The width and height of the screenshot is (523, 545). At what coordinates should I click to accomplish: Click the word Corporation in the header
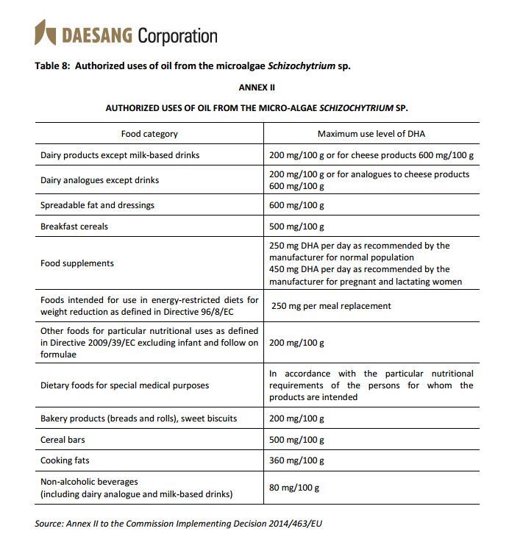(178, 35)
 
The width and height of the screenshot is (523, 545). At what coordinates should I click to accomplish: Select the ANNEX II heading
(257, 87)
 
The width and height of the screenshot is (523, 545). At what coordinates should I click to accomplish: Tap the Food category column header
(149, 134)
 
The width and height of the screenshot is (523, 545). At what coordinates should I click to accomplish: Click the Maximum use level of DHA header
(371, 134)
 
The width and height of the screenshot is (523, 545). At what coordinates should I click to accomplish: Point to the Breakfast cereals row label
(74, 227)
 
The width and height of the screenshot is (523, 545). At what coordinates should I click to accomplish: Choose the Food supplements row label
(77, 263)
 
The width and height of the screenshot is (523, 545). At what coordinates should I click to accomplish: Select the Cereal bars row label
(65, 440)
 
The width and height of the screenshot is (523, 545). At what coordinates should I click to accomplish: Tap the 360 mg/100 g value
(296, 461)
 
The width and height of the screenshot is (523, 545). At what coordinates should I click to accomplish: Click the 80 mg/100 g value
(294, 488)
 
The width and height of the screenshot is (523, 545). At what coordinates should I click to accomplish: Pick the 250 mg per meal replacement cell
(331, 306)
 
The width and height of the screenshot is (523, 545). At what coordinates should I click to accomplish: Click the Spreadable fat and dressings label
(98, 205)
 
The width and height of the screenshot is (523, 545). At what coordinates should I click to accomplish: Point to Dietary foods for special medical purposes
(125, 385)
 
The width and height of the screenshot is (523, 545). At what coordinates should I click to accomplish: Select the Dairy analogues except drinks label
(99, 180)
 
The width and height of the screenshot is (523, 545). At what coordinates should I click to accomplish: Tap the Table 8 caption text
(193, 65)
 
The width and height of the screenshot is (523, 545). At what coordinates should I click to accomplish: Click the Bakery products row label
(138, 418)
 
